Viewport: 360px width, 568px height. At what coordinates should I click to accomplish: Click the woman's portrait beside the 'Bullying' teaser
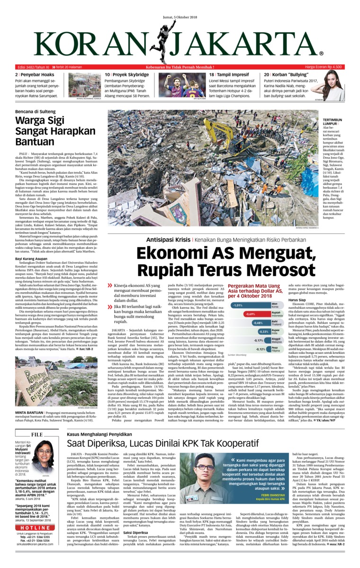tap(334, 86)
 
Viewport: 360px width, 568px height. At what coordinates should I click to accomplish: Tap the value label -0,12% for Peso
tap(274, 350)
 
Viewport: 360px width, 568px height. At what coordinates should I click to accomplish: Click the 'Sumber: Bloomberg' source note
tap(238, 354)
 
